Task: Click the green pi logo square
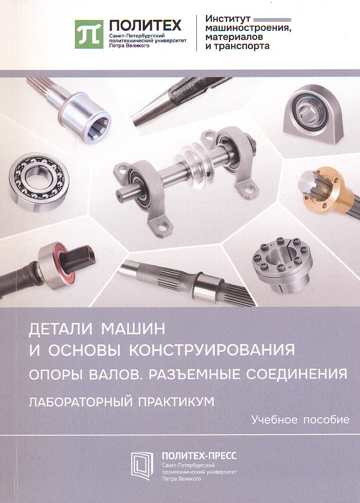[89, 34]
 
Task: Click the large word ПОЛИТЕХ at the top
[145, 26]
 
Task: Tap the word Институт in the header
[228, 19]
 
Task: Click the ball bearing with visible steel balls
[39, 182]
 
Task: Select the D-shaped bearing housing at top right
[313, 113]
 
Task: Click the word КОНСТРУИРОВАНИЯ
[212, 350]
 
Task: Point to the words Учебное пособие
[300, 419]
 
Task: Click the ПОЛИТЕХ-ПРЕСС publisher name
[199, 456]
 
